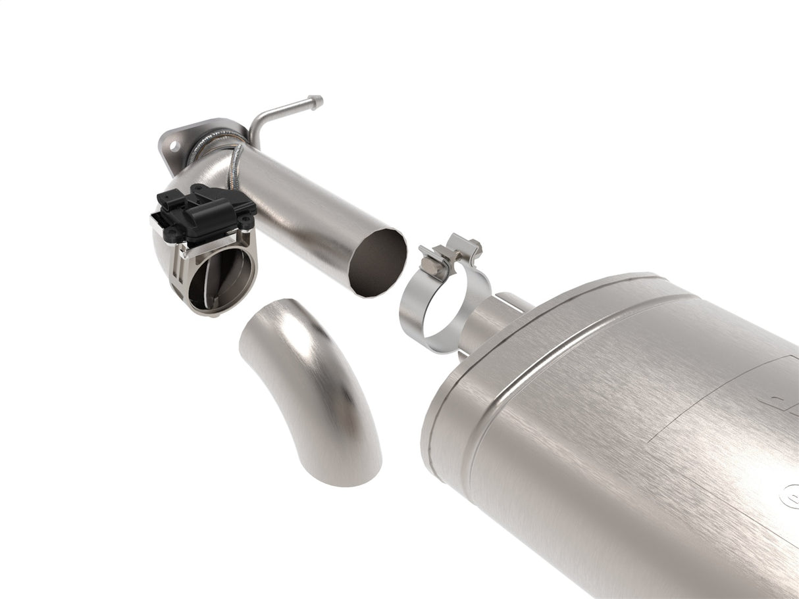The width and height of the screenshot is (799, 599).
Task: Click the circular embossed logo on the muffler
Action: point(790,496)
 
